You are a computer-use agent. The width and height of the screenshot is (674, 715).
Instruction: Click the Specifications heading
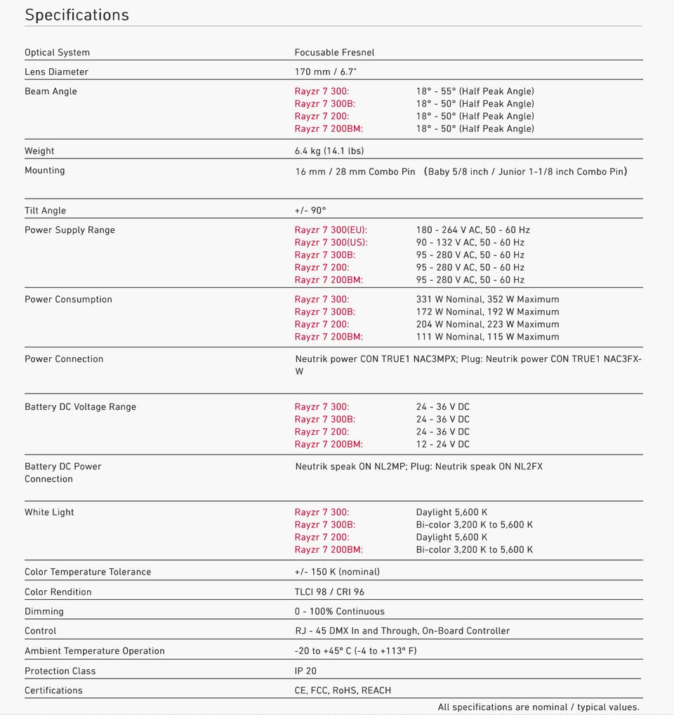click(77, 15)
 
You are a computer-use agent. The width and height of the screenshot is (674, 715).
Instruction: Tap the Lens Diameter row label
click(56, 72)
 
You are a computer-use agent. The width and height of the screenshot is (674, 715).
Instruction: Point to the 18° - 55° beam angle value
click(475, 91)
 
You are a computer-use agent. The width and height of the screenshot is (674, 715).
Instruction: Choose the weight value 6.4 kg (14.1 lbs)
click(329, 151)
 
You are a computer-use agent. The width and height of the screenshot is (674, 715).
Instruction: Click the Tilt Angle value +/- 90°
click(310, 211)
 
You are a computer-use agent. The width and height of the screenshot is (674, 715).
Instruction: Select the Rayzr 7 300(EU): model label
click(331, 230)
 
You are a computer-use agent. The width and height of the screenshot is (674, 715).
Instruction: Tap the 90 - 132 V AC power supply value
click(470, 243)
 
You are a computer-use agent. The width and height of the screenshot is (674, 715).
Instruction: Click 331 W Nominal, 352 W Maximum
click(487, 300)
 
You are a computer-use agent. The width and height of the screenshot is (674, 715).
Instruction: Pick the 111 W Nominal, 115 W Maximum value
click(487, 337)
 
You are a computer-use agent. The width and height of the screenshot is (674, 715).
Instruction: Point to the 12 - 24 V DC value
click(442, 444)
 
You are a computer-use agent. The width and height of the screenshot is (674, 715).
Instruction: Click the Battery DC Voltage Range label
click(80, 407)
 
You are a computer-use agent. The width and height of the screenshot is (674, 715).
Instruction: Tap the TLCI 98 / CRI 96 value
click(329, 592)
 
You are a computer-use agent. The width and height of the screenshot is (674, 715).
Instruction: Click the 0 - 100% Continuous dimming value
click(339, 612)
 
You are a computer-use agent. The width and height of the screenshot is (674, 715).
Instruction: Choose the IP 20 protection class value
click(305, 671)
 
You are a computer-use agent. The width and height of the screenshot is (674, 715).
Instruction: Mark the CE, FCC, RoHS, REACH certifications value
click(343, 690)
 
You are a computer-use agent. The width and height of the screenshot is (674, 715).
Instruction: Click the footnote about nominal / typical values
click(538, 707)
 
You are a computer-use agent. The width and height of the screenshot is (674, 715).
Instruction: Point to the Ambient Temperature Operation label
click(94, 651)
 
